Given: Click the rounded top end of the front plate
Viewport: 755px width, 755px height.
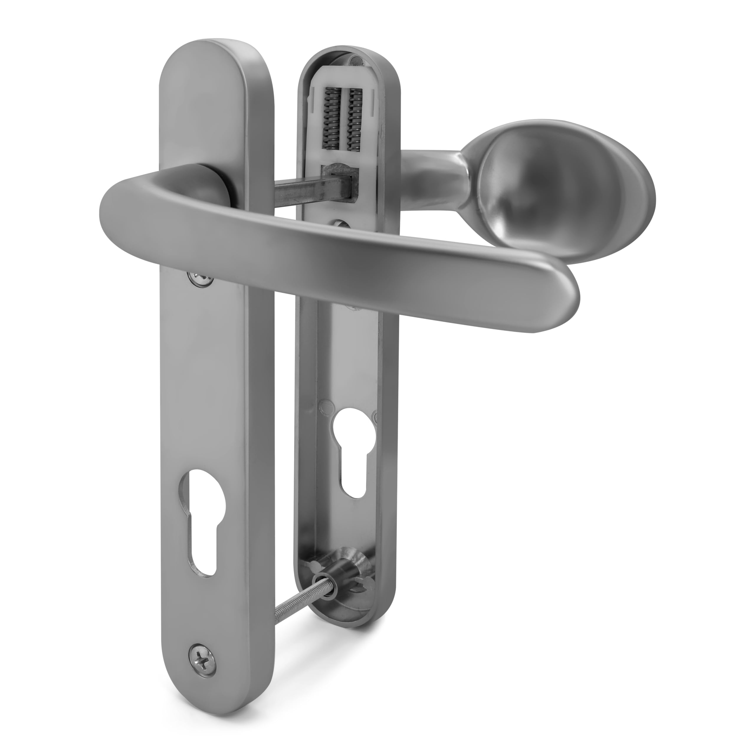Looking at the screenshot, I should click(x=215, y=55).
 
